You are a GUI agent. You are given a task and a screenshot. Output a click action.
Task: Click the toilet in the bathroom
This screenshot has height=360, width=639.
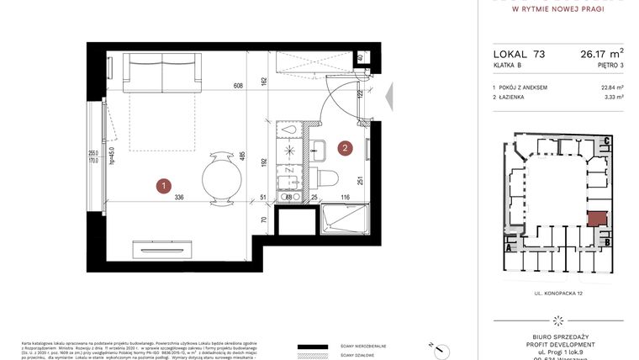click(x=327, y=177)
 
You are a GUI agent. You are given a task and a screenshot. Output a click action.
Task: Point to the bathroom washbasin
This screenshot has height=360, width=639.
click(x=322, y=151)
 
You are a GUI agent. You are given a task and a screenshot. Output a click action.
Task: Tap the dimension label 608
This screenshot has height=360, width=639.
click(x=238, y=85)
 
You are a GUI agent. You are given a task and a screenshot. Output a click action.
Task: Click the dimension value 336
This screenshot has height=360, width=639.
click(x=178, y=199)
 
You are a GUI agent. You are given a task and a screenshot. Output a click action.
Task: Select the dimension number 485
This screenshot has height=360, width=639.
click(x=241, y=156)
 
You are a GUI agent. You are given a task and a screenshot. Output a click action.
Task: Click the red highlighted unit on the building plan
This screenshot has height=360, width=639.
click(x=597, y=220)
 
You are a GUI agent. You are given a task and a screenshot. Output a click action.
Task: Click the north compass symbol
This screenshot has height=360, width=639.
click(x=438, y=347)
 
